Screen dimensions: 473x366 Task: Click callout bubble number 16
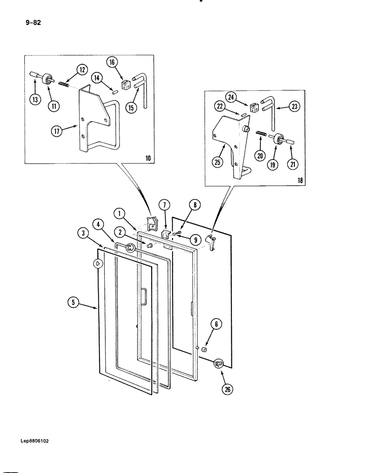(112, 62)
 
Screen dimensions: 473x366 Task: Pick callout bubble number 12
(82, 70)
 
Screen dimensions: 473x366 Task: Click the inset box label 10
(148, 158)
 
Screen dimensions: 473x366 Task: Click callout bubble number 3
(83, 232)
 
